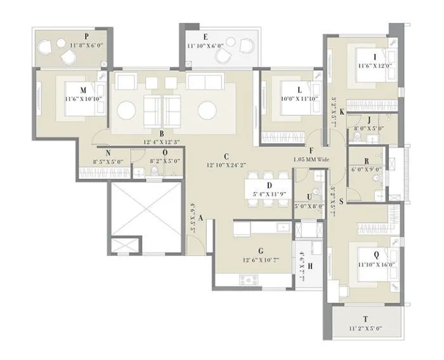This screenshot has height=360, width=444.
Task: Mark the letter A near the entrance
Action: coord(200,217)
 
